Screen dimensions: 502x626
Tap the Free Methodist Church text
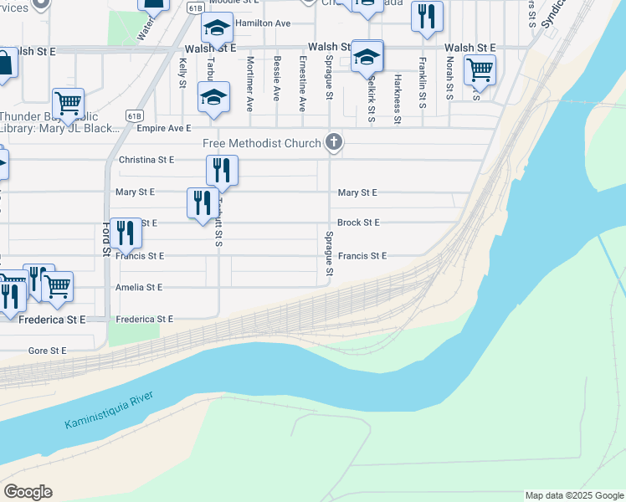[x=262, y=143]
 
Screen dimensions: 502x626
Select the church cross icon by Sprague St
[x=334, y=141]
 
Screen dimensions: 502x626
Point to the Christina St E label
[x=146, y=159]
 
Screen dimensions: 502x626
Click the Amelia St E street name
[x=139, y=287]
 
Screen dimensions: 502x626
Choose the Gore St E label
[x=47, y=351]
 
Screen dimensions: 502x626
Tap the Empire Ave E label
[x=164, y=129]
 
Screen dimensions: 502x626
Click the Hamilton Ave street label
[x=262, y=23]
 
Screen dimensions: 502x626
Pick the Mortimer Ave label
[x=250, y=85]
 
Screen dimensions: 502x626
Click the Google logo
[x=28, y=492]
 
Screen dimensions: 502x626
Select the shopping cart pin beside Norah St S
[x=480, y=70]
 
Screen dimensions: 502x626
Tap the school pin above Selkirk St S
[x=367, y=57]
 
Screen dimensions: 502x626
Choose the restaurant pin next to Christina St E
[x=222, y=172]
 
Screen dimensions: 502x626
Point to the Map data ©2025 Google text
[x=573, y=495]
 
